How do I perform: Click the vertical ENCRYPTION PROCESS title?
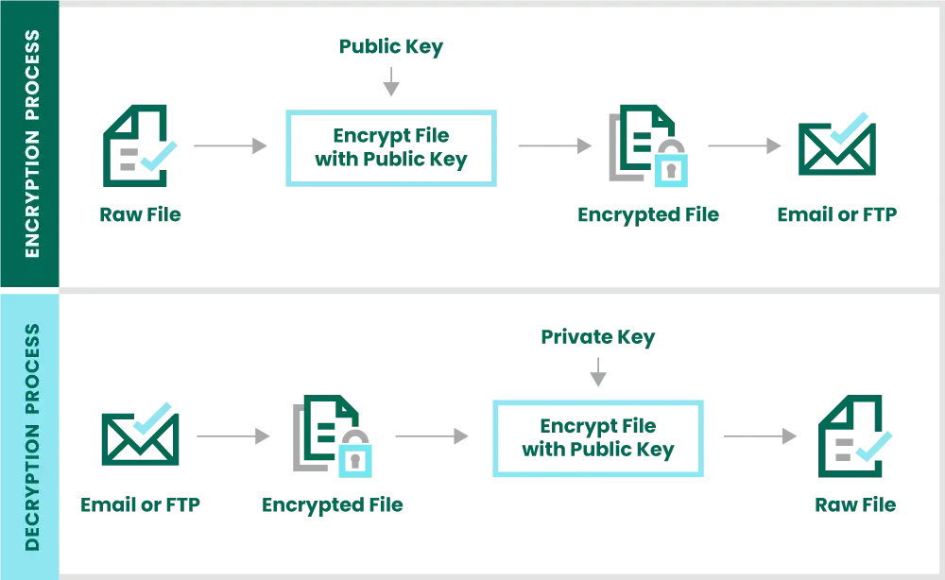31,144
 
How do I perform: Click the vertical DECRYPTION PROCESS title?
31,435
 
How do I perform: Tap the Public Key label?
390,46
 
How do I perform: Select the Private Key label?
597,337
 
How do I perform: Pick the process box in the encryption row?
389,147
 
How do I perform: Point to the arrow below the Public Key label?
389,84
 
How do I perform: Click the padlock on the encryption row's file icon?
670,171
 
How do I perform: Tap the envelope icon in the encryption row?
834,145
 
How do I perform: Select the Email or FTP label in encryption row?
835,215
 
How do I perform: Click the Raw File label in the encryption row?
139,215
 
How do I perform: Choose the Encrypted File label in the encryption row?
649,215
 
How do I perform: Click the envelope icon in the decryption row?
139,435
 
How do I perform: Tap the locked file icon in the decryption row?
331,435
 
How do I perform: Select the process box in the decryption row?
599,438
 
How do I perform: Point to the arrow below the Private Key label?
598,375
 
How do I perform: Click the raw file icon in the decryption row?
854,435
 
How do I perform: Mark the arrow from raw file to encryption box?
229,147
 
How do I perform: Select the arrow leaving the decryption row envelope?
232,435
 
